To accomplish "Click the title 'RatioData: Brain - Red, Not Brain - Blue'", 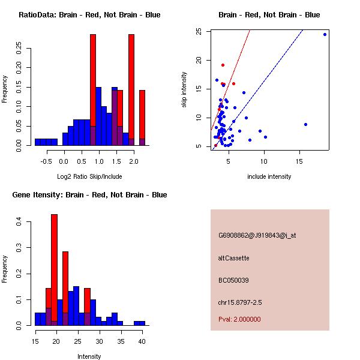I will [89, 15].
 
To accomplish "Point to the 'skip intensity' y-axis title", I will [185, 89].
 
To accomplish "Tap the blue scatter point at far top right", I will [325, 34].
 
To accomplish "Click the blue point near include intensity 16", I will [305, 124].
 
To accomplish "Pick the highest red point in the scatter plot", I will [223, 65].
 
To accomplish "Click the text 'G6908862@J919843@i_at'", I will [257, 235].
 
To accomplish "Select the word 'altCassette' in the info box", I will [233, 258].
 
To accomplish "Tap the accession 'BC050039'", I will [233, 280].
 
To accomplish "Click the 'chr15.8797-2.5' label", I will [241, 302].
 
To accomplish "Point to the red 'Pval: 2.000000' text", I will [239, 319].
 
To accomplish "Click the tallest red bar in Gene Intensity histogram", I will [55, 270].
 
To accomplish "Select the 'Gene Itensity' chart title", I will [86, 195].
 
